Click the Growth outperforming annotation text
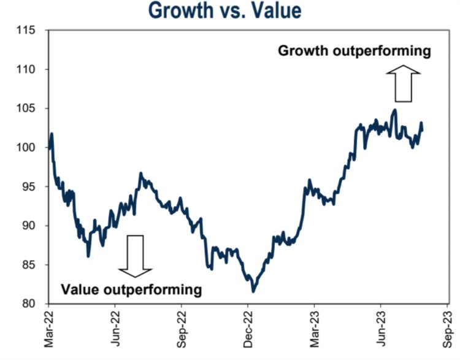[355, 52]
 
